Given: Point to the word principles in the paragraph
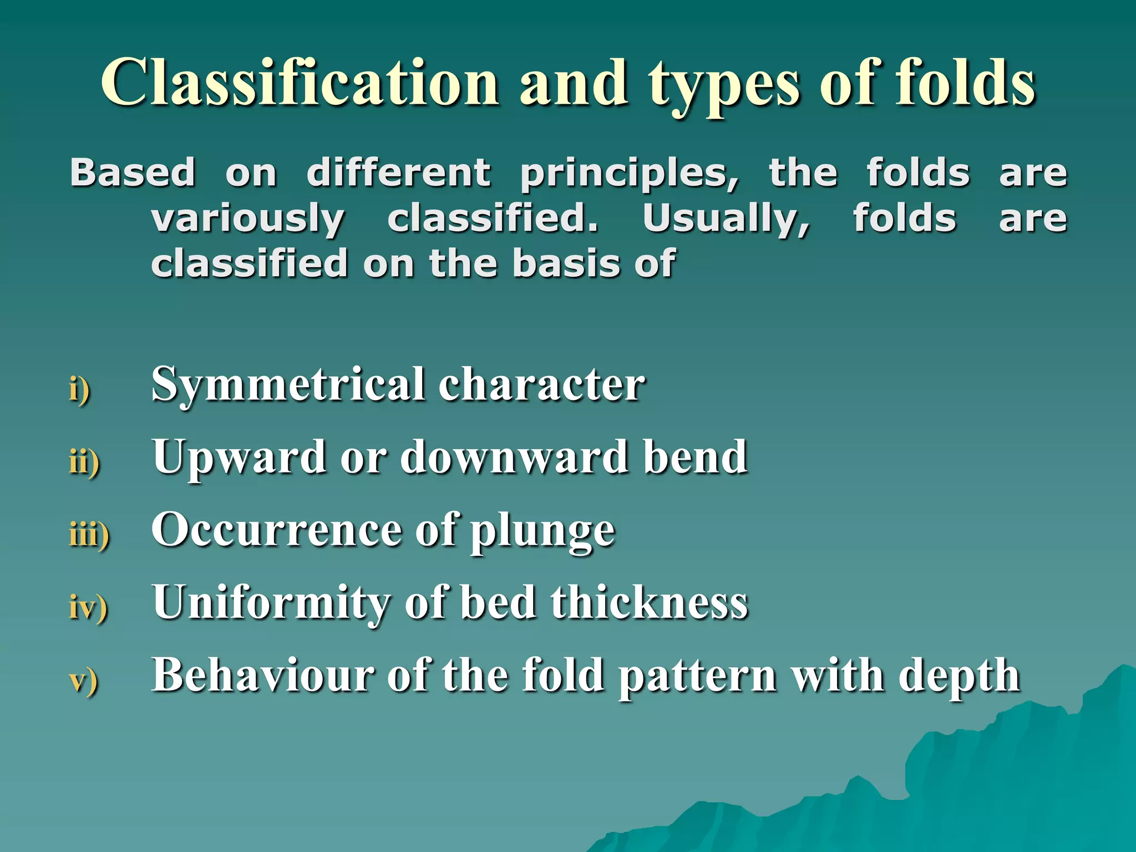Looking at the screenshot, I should pyautogui.click(x=629, y=175).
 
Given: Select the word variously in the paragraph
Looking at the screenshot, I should pyautogui.click(x=248, y=220).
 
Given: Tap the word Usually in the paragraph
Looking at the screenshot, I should pyautogui.click(x=726, y=220).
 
